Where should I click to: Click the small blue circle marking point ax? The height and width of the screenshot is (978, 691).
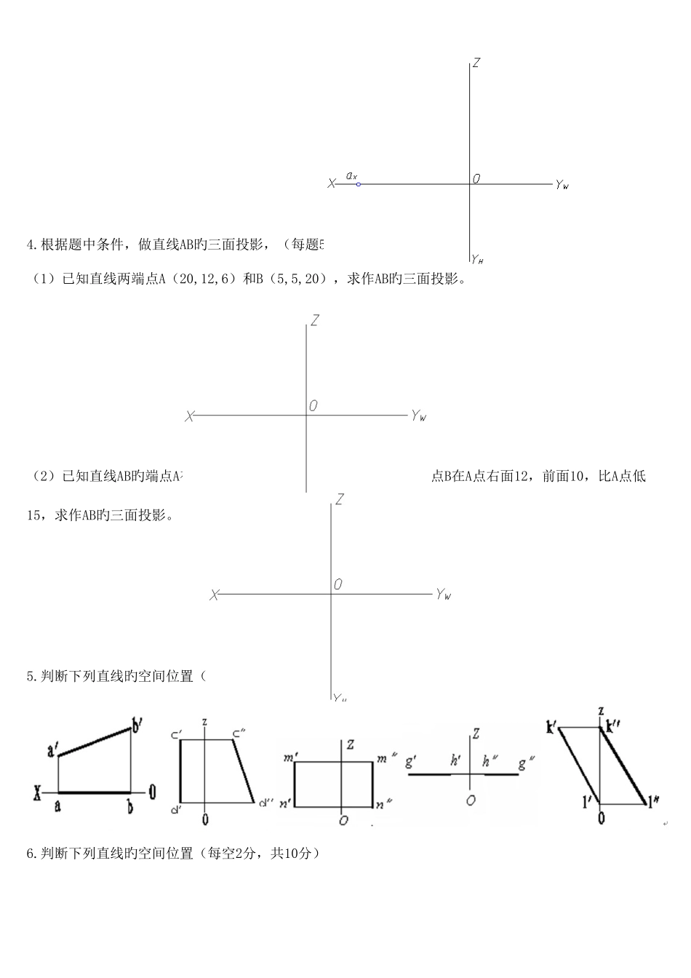(x=359, y=184)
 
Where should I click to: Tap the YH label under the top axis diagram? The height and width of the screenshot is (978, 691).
(x=477, y=258)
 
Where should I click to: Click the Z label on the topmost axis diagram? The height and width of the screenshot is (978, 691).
(x=476, y=63)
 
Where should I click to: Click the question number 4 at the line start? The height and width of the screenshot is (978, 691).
(x=31, y=244)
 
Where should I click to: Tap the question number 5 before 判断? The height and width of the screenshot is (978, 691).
(x=31, y=676)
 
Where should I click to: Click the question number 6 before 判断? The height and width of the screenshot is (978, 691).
(x=31, y=853)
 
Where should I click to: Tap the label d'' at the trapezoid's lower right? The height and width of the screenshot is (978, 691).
(x=266, y=803)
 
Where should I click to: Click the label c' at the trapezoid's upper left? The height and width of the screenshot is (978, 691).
(x=175, y=733)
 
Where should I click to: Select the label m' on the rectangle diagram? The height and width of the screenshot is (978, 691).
(x=289, y=758)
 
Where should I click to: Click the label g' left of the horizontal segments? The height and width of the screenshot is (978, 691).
(x=410, y=762)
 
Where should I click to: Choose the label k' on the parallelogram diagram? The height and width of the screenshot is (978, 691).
(x=551, y=726)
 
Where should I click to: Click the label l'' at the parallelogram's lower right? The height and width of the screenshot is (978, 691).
(x=655, y=803)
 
